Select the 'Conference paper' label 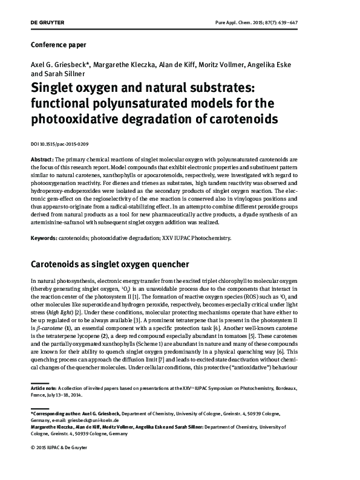click(x=58, y=45)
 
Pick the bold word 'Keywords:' click(x=44, y=238)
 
